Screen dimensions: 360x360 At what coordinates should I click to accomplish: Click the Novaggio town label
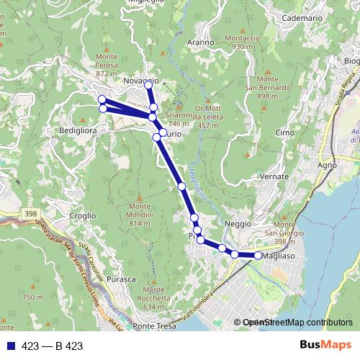tap(140, 80)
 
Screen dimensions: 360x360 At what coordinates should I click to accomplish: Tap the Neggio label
tap(238, 225)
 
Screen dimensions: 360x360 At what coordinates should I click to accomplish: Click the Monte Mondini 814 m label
tap(139, 214)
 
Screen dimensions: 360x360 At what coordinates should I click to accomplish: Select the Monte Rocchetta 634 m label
tap(159, 297)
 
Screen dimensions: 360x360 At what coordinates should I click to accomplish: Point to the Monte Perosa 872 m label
tap(106, 65)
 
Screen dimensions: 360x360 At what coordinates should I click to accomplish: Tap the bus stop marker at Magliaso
tap(258, 256)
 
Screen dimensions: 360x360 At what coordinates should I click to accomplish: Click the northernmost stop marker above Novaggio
tap(148, 85)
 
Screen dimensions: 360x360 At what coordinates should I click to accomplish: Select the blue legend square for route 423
tap(10, 346)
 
